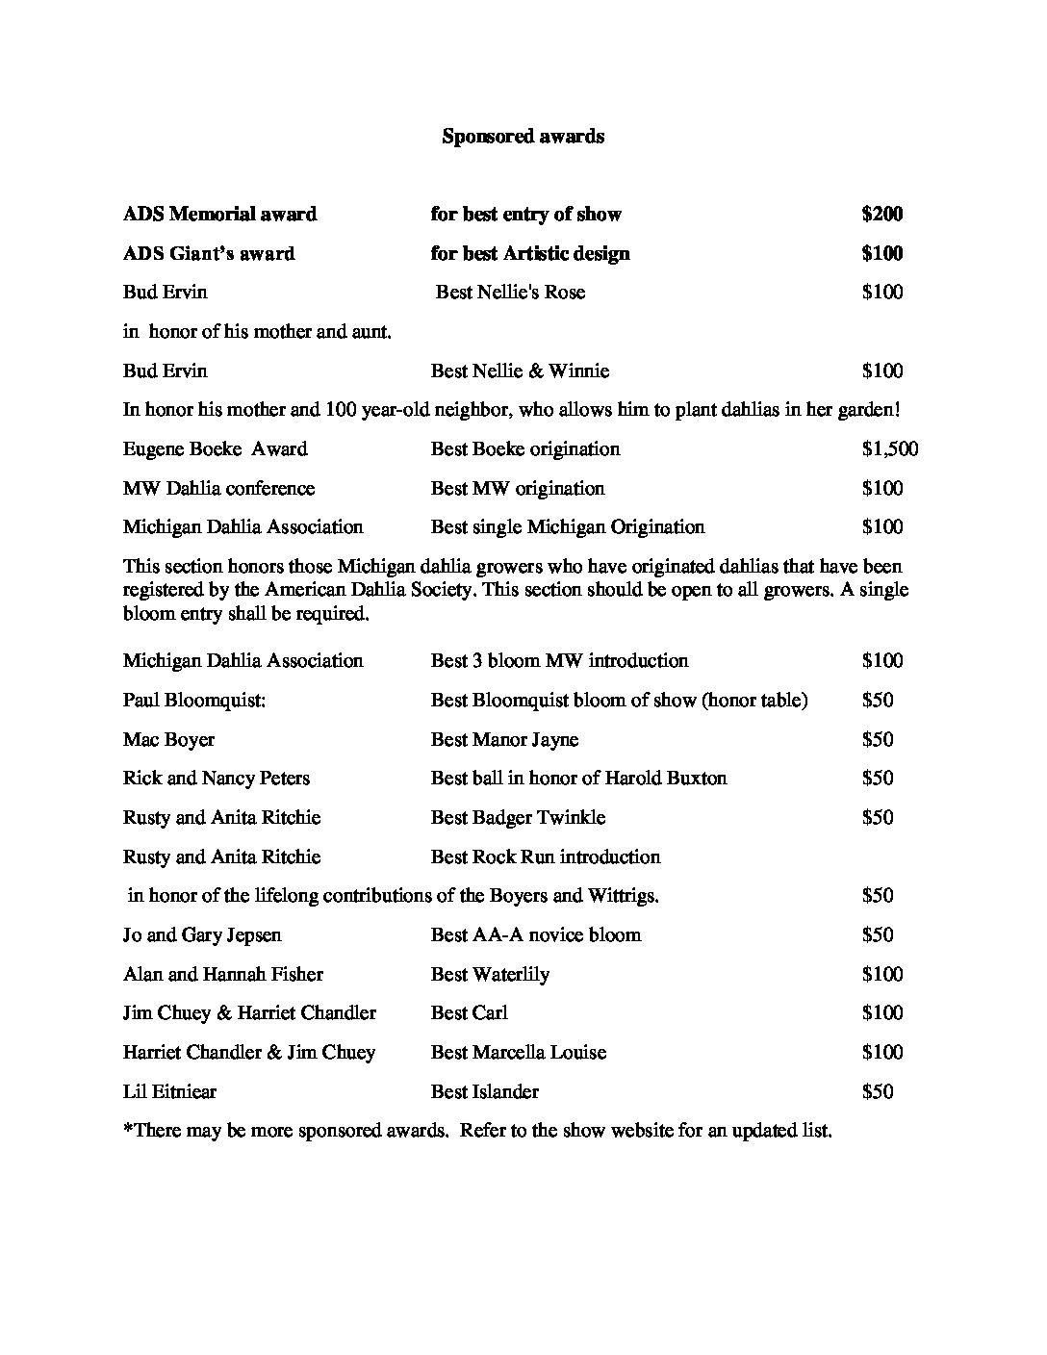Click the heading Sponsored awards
point(523,137)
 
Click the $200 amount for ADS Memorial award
point(882,215)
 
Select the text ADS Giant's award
point(209,254)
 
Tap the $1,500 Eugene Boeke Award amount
point(890,449)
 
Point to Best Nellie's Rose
point(510,293)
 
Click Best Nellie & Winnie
point(520,371)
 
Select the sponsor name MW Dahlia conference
point(218,489)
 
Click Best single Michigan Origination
point(568,527)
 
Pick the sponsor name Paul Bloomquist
point(194,701)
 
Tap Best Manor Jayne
point(504,740)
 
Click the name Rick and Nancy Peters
point(217,779)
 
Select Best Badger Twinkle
point(518,818)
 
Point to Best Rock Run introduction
point(546,857)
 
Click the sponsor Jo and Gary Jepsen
point(202,935)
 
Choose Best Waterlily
point(490,975)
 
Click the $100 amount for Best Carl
point(882,1013)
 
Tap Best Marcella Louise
point(519,1053)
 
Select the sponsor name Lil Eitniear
point(169,1092)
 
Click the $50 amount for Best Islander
point(878,1092)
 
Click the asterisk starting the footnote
point(128,1129)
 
